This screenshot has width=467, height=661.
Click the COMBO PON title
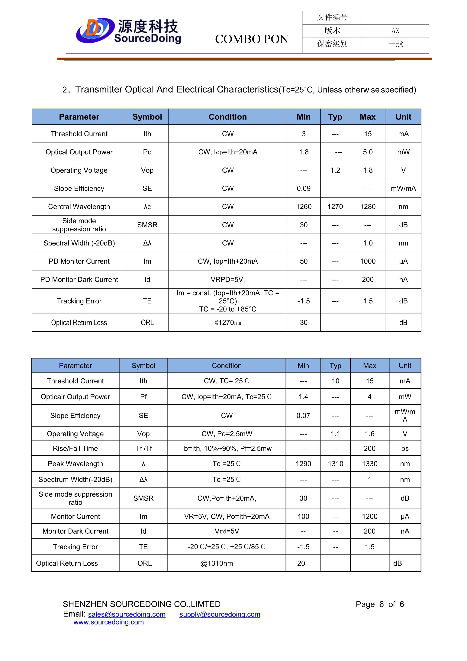click(252, 39)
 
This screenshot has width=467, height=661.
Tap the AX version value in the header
click(395, 31)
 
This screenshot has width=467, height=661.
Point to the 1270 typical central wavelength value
click(335, 207)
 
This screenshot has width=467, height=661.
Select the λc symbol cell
click(147, 207)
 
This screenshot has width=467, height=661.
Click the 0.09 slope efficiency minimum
click(304, 189)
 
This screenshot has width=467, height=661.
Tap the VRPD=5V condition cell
click(228, 280)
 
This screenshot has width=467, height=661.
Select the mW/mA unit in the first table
click(403, 189)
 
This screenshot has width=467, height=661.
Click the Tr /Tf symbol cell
click(143, 448)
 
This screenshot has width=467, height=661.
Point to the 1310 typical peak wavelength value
click(336, 464)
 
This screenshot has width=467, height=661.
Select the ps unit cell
click(405, 448)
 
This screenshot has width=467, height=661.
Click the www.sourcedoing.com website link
click(108, 622)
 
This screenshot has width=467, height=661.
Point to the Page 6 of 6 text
click(379, 604)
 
